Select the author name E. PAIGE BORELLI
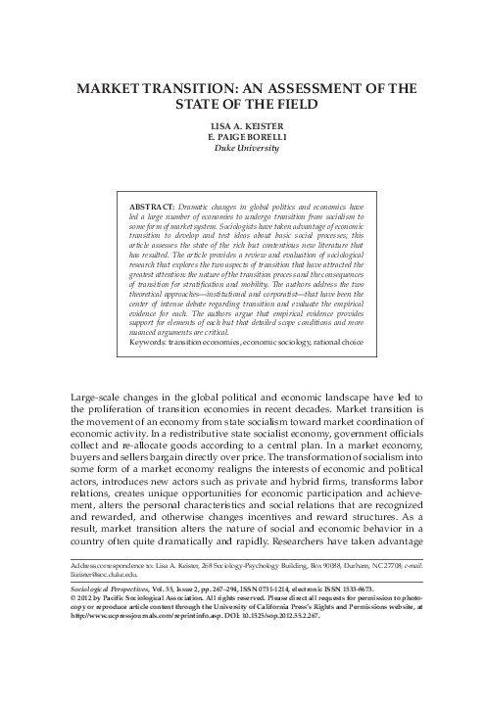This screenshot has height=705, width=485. (243, 138)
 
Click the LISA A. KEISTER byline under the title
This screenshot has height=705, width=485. (243, 125)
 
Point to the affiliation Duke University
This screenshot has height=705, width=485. (243, 151)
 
